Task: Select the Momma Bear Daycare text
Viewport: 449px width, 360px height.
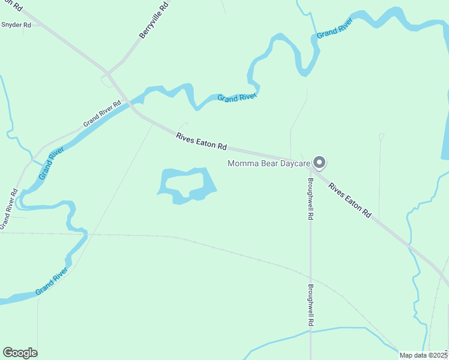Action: pos(268,163)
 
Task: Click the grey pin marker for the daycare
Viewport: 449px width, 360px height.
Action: pos(320,163)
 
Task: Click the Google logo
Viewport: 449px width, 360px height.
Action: pos(20,353)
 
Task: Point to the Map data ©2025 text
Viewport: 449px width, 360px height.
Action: pos(424,355)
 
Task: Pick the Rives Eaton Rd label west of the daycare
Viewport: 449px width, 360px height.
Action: pos(201,142)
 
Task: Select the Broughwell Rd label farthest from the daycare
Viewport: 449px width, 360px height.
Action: pos(311,305)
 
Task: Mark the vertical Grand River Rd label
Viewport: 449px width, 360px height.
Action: pos(9,208)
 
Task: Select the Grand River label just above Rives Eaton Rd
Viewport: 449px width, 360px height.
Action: pos(237,97)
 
